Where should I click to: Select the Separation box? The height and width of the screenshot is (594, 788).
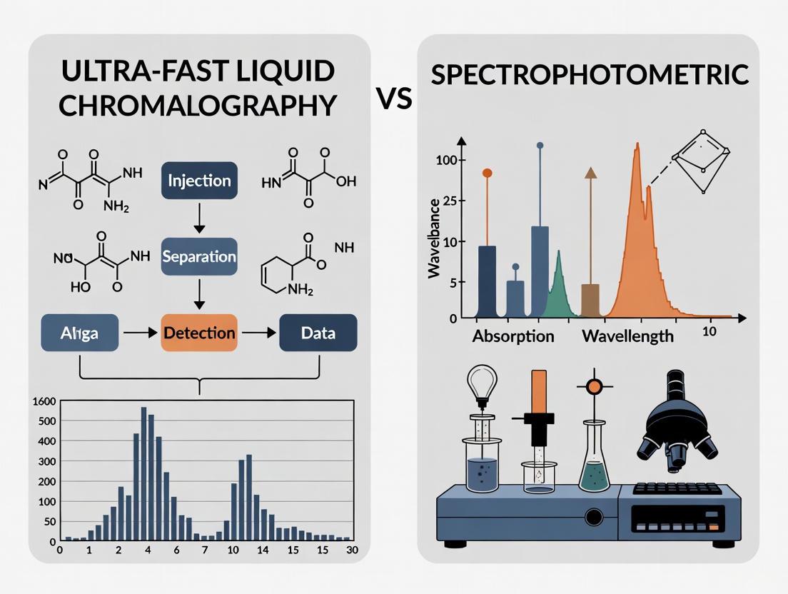[x=199, y=256]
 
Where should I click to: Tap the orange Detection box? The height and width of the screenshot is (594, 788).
[x=199, y=333]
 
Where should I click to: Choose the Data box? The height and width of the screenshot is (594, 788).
[x=318, y=333]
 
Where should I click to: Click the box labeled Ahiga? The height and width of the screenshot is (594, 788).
[x=80, y=333]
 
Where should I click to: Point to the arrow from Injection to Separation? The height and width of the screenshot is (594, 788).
[x=199, y=218]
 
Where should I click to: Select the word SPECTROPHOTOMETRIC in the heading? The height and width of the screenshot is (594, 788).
[x=590, y=75]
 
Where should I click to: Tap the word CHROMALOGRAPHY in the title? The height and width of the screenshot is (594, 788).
[x=198, y=105]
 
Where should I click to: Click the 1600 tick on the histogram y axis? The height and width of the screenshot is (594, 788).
[x=44, y=401]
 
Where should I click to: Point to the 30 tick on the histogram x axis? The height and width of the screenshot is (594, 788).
[x=350, y=550]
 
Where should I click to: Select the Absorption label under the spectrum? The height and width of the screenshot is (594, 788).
[x=513, y=336]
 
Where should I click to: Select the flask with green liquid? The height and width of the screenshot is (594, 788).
[x=595, y=464]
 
